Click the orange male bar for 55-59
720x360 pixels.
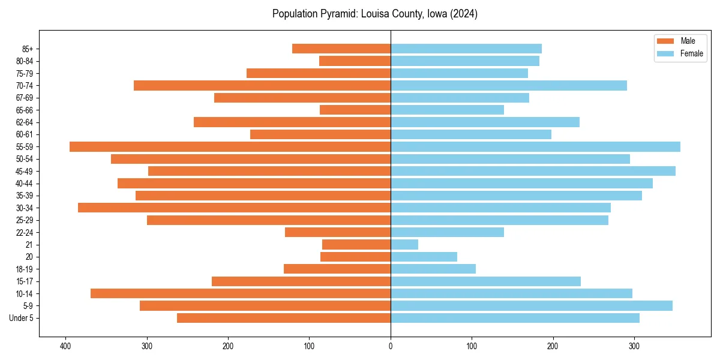(x=230, y=147)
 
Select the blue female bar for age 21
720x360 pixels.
(x=404, y=245)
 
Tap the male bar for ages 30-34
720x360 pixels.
(x=234, y=208)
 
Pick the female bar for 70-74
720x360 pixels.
(x=509, y=86)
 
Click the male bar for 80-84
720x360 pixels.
(x=355, y=61)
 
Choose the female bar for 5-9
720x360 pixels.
(x=532, y=306)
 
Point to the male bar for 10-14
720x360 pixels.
(x=241, y=294)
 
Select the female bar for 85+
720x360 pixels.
(x=466, y=49)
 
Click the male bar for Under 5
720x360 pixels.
(x=284, y=318)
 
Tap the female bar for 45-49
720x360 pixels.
(x=533, y=172)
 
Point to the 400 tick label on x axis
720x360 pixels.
(x=65, y=346)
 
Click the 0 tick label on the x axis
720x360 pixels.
(x=391, y=346)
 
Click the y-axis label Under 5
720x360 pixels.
(x=21, y=318)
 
